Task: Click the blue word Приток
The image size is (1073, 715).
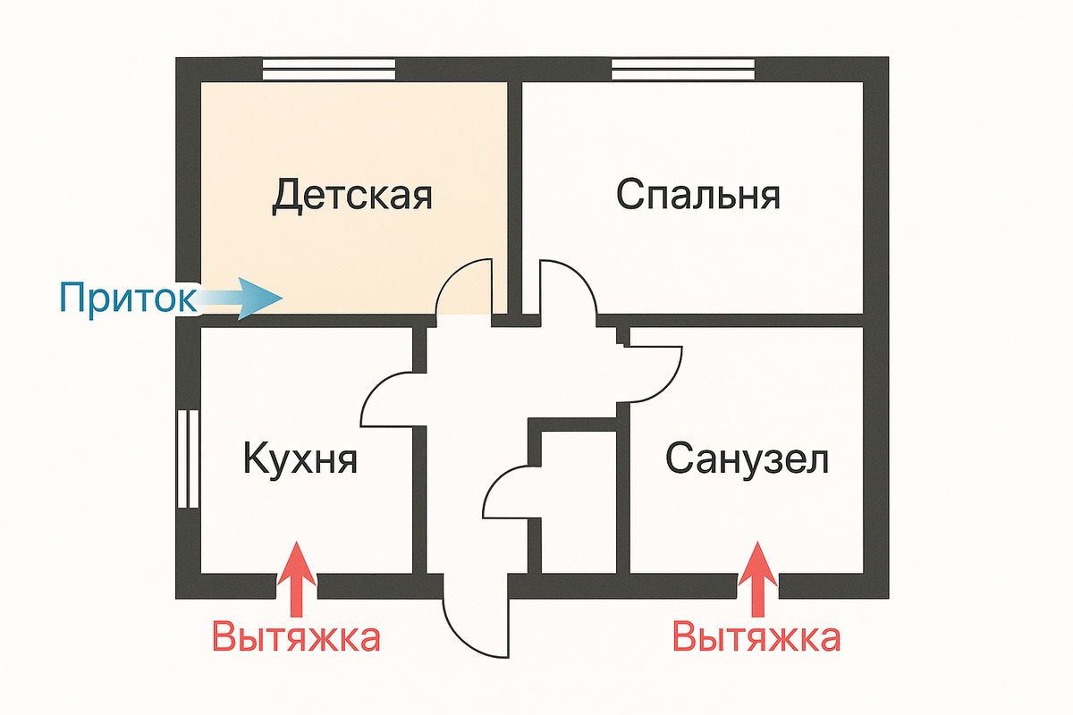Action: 127,299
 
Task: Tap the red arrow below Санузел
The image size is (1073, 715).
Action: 758,576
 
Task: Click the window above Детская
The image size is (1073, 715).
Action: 328,70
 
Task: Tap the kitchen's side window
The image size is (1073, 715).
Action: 188,459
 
